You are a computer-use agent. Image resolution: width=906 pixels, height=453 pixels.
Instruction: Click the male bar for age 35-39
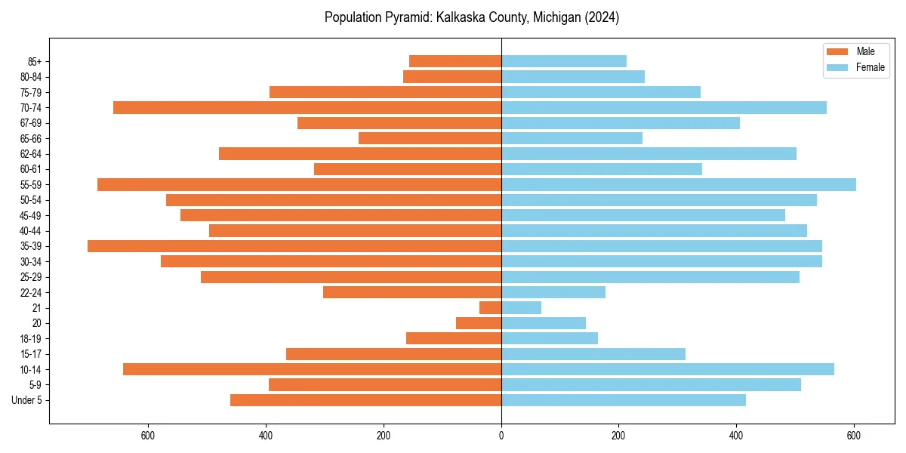point(294,246)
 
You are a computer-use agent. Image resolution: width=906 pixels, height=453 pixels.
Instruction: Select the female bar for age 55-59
point(678,184)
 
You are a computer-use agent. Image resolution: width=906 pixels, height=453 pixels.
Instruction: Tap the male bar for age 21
point(491,308)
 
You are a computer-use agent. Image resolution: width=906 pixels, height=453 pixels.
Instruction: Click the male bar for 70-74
point(307,107)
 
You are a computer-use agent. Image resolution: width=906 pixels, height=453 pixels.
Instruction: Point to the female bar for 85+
point(564,61)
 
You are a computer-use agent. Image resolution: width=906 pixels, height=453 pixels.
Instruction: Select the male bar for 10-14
point(312,369)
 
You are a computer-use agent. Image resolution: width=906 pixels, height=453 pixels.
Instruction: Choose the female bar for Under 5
point(624,400)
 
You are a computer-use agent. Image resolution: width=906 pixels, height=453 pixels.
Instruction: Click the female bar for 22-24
point(553,292)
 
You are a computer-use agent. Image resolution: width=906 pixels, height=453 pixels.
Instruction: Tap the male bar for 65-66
point(430,138)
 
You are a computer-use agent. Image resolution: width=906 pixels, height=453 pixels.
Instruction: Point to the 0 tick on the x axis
point(501,436)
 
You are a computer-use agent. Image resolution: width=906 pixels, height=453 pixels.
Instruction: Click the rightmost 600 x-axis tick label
point(854,436)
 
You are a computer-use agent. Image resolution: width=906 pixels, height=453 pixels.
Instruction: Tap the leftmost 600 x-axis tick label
point(148,436)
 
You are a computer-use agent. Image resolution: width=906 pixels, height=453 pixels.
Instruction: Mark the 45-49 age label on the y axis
point(30,215)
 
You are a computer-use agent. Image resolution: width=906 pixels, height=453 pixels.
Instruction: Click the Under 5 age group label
point(27,400)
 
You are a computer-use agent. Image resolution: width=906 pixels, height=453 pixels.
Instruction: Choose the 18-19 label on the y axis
point(30,339)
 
